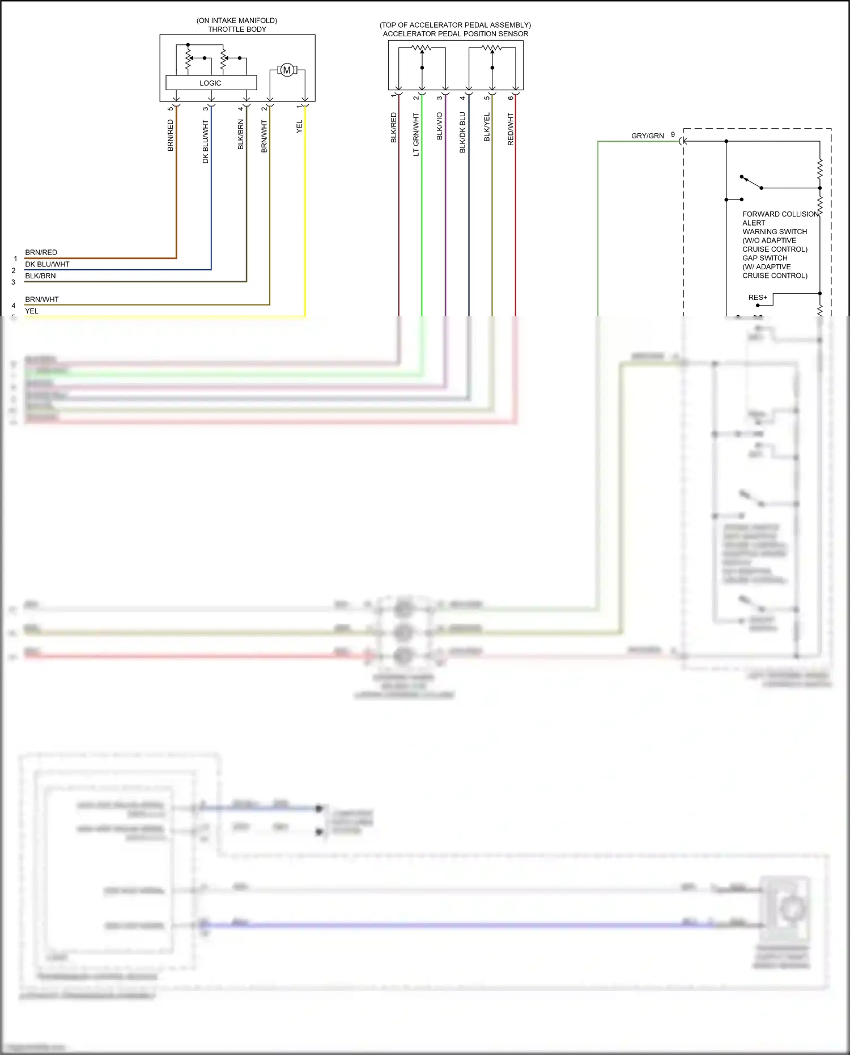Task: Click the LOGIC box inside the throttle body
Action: (x=211, y=83)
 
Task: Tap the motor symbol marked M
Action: (x=287, y=70)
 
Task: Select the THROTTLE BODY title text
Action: (x=237, y=29)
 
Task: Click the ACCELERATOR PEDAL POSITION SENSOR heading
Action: (x=456, y=34)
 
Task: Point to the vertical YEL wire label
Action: (x=299, y=127)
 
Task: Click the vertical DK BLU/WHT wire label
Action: (x=206, y=142)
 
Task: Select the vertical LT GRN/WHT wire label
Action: (x=416, y=134)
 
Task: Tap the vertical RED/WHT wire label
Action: (x=511, y=129)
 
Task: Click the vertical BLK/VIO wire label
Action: (x=440, y=126)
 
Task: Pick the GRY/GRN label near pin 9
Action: (x=648, y=136)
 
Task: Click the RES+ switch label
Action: (x=758, y=298)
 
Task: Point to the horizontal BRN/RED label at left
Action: (x=41, y=252)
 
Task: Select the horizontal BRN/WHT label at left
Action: (x=42, y=299)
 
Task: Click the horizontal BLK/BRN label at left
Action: (x=40, y=276)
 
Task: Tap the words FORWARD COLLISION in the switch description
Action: (x=780, y=214)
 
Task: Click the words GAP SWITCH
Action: (x=765, y=258)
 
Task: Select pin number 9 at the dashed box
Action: (x=673, y=135)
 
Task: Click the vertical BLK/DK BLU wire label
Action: (x=462, y=133)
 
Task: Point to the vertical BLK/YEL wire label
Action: (x=487, y=128)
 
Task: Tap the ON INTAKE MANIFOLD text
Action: (x=237, y=20)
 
